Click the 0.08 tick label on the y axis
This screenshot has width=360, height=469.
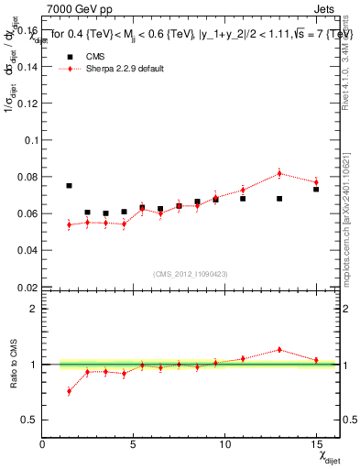27,177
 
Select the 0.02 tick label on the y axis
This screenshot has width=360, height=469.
27,287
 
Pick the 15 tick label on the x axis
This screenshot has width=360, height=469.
315,444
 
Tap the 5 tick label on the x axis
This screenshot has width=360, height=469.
134,444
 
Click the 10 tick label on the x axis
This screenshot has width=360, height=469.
224,444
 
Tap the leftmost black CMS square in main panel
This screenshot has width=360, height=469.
70,186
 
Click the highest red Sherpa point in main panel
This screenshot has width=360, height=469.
279,173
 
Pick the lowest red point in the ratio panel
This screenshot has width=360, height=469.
70,391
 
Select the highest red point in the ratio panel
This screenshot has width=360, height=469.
279,349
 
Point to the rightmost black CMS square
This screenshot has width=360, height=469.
315,189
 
